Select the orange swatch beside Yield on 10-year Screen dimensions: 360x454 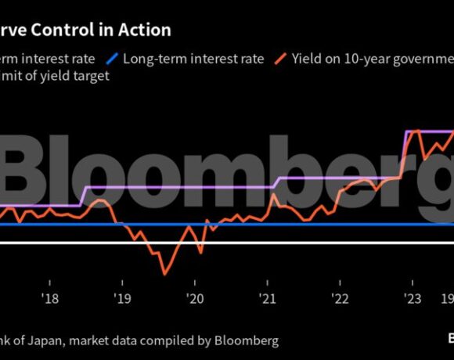280,59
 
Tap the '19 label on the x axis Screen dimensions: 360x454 122,298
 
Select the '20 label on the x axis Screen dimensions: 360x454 194,298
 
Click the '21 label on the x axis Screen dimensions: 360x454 267,298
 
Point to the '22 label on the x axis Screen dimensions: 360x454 340,298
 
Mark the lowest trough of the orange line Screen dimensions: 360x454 164,274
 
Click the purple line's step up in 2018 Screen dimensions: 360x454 83,196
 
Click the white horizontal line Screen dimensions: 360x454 235,243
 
